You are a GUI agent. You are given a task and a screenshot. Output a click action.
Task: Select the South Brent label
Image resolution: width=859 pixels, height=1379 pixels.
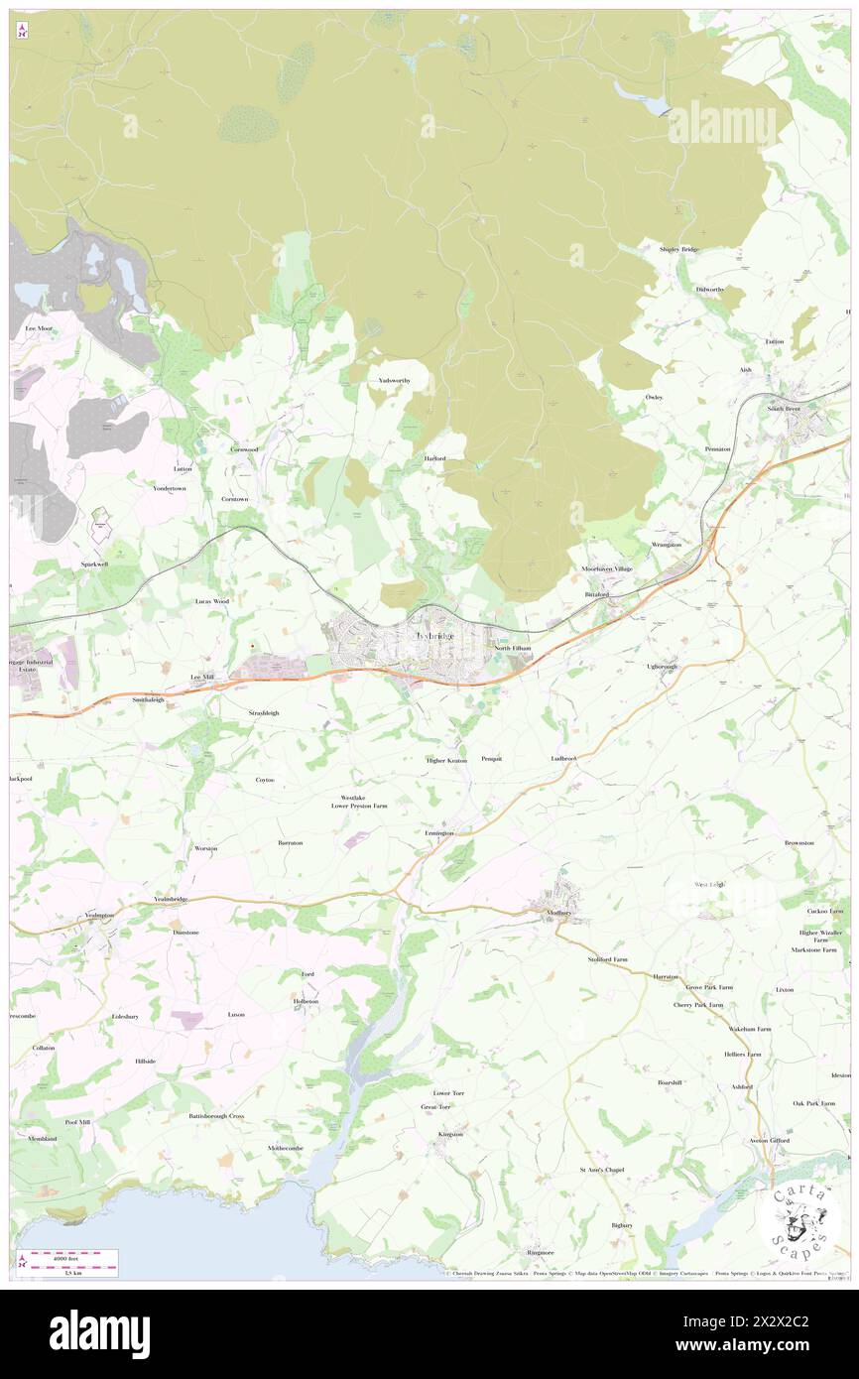(783, 408)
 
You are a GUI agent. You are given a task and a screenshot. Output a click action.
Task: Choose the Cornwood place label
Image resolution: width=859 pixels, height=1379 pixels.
(244, 449)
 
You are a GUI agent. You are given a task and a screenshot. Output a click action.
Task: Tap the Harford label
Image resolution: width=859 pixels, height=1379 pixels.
(434, 458)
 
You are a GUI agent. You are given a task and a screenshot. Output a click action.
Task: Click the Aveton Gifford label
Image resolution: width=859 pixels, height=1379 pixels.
(769, 1140)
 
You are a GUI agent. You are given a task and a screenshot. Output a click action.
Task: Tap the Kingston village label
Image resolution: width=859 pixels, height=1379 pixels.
(450, 1133)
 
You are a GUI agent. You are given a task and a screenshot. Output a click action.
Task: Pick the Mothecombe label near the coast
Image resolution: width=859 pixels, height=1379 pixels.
(286, 1148)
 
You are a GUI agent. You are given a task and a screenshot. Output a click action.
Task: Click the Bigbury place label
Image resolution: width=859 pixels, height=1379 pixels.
(622, 1224)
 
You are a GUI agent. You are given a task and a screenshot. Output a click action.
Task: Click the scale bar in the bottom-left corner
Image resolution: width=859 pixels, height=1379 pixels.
(68, 1262)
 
